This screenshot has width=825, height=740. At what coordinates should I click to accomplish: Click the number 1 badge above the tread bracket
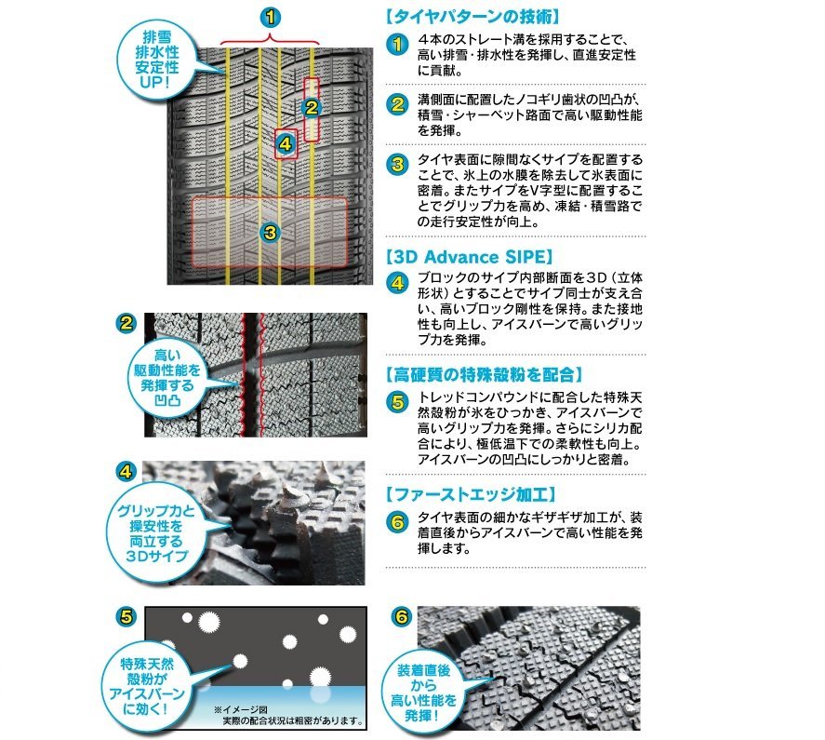click(x=270, y=16)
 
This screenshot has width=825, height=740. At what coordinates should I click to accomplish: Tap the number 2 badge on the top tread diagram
click(x=312, y=108)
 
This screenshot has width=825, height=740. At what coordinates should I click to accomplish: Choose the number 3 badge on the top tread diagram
click(x=270, y=233)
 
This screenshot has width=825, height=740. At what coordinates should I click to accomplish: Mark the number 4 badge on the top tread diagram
click(x=286, y=144)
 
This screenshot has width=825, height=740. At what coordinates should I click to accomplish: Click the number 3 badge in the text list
click(x=397, y=165)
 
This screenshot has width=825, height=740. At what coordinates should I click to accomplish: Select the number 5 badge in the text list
click(x=397, y=402)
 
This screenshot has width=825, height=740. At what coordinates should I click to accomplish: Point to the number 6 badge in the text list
click(x=397, y=522)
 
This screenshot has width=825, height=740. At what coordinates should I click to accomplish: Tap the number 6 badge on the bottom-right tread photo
click(x=400, y=616)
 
